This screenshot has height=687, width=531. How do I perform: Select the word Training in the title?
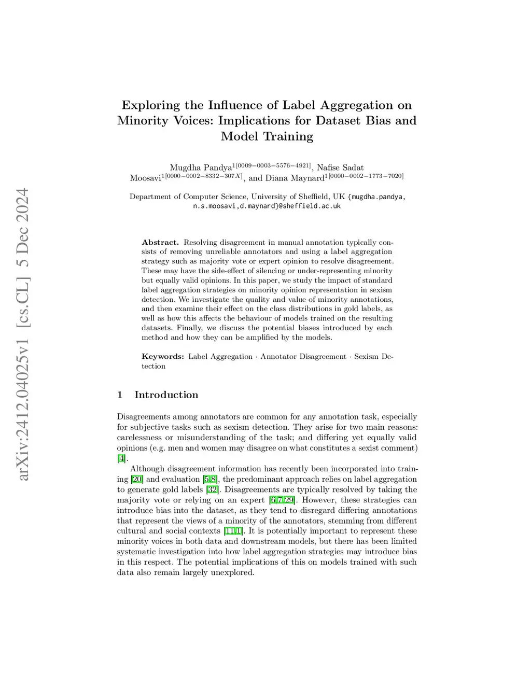coord(289,136)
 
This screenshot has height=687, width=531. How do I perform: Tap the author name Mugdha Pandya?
coord(201,167)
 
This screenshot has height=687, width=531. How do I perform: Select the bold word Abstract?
coord(160,242)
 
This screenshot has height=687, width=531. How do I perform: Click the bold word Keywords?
coord(163,356)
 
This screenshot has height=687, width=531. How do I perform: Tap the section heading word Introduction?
coord(166,395)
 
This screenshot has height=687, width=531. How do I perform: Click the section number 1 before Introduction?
coord(120,395)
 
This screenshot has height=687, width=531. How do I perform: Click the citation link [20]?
coord(137,479)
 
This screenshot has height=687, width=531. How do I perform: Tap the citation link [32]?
coord(213,489)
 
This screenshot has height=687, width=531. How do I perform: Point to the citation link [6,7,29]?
coord(282,500)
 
